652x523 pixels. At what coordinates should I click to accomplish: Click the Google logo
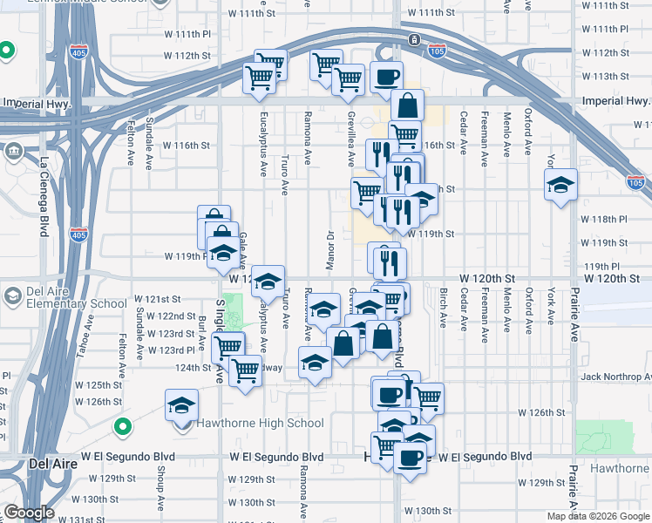pyautogui.click(x=30, y=513)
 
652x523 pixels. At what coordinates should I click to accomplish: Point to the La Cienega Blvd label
pyautogui.click(x=44, y=196)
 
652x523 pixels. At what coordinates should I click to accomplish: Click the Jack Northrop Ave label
pyautogui.click(x=615, y=377)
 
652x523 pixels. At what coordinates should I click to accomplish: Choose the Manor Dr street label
pyautogui.click(x=331, y=250)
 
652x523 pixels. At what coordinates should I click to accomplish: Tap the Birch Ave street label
pyautogui.click(x=443, y=308)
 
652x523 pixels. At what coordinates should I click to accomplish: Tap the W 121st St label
pyautogui.click(x=157, y=299)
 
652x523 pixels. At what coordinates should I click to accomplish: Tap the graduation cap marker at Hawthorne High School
pyautogui.click(x=182, y=406)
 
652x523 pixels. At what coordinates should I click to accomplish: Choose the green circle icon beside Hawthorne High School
pyautogui.click(x=123, y=427)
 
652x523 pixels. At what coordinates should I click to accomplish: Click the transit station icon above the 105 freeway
pyautogui.click(x=413, y=39)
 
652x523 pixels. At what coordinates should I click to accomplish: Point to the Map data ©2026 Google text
pyautogui.click(x=597, y=516)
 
